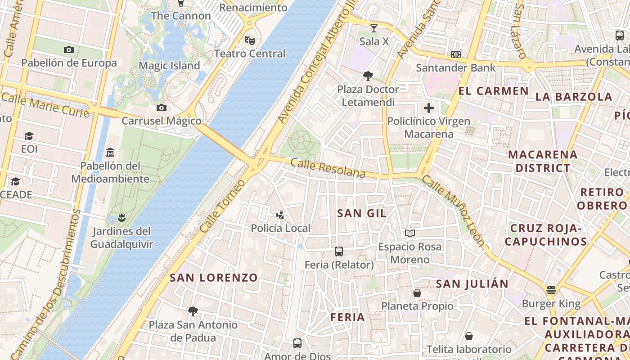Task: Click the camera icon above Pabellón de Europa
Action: [x=69, y=50]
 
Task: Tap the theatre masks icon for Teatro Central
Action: [x=250, y=40]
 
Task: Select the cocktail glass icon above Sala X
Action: [x=373, y=29]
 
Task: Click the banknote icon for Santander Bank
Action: [x=455, y=54]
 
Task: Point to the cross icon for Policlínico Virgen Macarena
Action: [x=429, y=108]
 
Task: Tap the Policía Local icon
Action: [x=280, y=215]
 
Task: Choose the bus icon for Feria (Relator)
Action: [x=339, y=252]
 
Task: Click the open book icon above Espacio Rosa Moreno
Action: [x=409, y=234]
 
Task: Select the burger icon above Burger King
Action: [x=551, y=290]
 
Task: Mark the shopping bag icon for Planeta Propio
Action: [x=417, y=293]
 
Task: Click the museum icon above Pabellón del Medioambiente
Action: [x=110, y=153]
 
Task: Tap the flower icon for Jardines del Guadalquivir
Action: [x=121, y=218]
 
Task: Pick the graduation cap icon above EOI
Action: [x=29, y=136]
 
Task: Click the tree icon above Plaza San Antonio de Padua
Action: [x=193, y=311]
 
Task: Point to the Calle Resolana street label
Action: [x=328, y=168]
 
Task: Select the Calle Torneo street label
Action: [x=222, y=206]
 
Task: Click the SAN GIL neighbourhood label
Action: [x=362, y=213]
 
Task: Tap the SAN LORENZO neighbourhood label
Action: [x=214, y=278]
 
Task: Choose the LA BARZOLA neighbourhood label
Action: [x=574, y=97]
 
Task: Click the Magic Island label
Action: [x=169, y=66]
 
